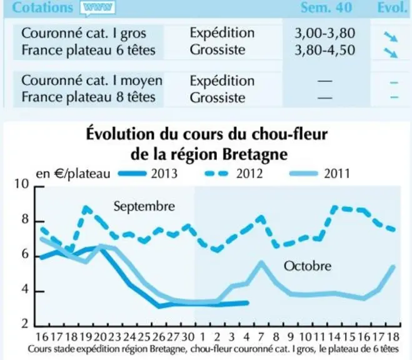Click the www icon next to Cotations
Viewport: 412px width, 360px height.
pos(98,8)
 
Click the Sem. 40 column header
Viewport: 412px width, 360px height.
pos(326,7)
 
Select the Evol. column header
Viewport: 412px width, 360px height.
pos(392,7)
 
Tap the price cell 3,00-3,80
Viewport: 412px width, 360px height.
pos(324,33)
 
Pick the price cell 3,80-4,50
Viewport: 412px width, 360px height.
pos(324,50)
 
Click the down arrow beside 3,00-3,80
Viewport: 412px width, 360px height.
pos(391,36)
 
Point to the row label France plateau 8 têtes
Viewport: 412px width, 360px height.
pos(88,97)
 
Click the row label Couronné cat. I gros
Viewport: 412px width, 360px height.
pos(84,34)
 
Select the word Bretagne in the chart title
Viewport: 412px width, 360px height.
pos(255,154)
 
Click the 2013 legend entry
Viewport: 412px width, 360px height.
pos(148,174)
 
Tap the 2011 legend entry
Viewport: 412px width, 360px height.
pos(319,174)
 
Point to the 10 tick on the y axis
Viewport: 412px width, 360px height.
pos(21,184)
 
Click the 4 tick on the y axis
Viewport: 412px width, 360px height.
pos(25,289)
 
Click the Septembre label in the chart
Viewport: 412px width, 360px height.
pos(144,206)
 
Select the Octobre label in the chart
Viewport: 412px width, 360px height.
pos(308,266)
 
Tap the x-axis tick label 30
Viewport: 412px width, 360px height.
pos(188,337)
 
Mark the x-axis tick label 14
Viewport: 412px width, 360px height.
pos(334,337)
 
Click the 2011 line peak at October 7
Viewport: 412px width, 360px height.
pos(261,262)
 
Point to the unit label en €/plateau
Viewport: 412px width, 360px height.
pos(73,174)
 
